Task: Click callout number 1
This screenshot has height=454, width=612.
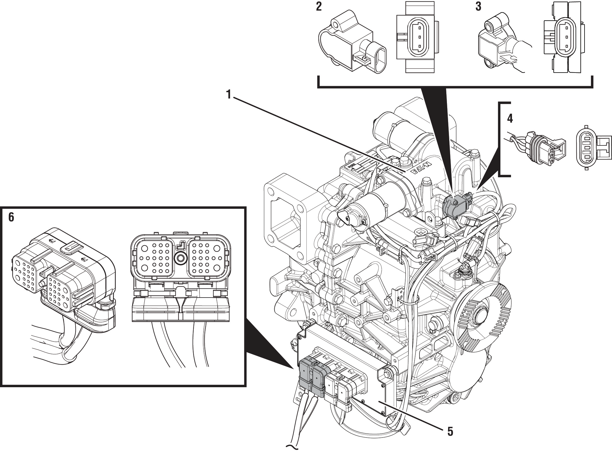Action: tap(229, 94)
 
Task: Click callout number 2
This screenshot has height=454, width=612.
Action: tap(319, 6)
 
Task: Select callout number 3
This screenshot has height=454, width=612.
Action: tap(478, 6)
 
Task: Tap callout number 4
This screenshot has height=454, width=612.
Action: tap(510, 118)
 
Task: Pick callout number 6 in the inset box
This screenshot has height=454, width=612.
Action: tap(11, 217)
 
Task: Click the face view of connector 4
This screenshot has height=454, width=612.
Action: tap(587, 147)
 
